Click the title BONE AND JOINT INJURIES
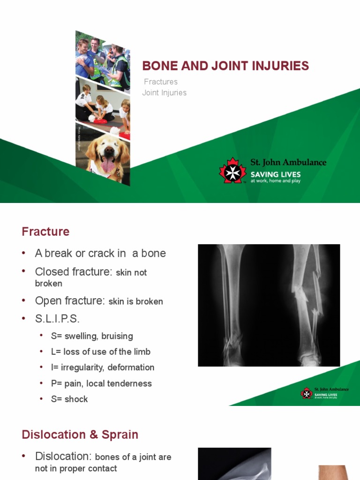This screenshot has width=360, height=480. pyautogui.click(x=225, y=66)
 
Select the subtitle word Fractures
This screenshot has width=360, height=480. pyautogui.click(x=161, y=82)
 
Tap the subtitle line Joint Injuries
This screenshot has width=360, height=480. pyautogui.click(x=165, y=93)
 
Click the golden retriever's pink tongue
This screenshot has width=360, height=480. pyautogui.click(x=107, y=165)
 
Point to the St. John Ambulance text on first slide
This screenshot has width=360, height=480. pyautogui.click(x=288, y=163)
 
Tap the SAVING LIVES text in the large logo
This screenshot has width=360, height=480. pyautogui.click(x=275, y=174)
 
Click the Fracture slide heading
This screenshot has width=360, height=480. pyautogui.click(x=45, y=232)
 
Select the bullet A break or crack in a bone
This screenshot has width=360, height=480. pyautogui.click(x=100, y=253)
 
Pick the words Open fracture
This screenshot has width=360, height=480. pyautogui.click(x=69, y=301)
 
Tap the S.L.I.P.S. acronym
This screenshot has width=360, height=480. pyautogui.click(x=57, y=319)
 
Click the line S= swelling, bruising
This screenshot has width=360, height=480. pyautogui.click(x=92, y=336)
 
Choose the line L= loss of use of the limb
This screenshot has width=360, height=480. pyautogui.click(x=101, y=352)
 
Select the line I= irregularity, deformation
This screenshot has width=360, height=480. pyautogui.click(x=103, y=367)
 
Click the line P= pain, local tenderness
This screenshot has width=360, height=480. pyautogui.click(x=101, y=383)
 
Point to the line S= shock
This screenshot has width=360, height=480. pyautogui.click(x=69, y=399)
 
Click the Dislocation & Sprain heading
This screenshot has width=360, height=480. pyautogui.click(x=80, y=435)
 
